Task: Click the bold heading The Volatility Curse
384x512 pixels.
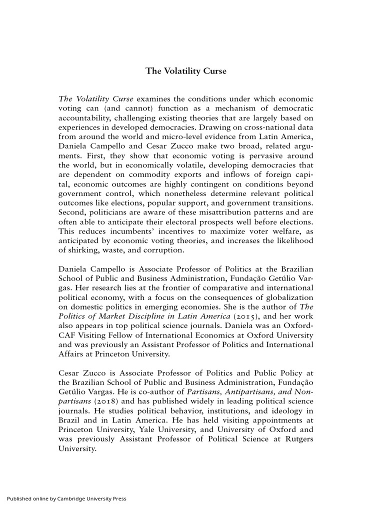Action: pyautogui.click(x=186, y=71)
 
